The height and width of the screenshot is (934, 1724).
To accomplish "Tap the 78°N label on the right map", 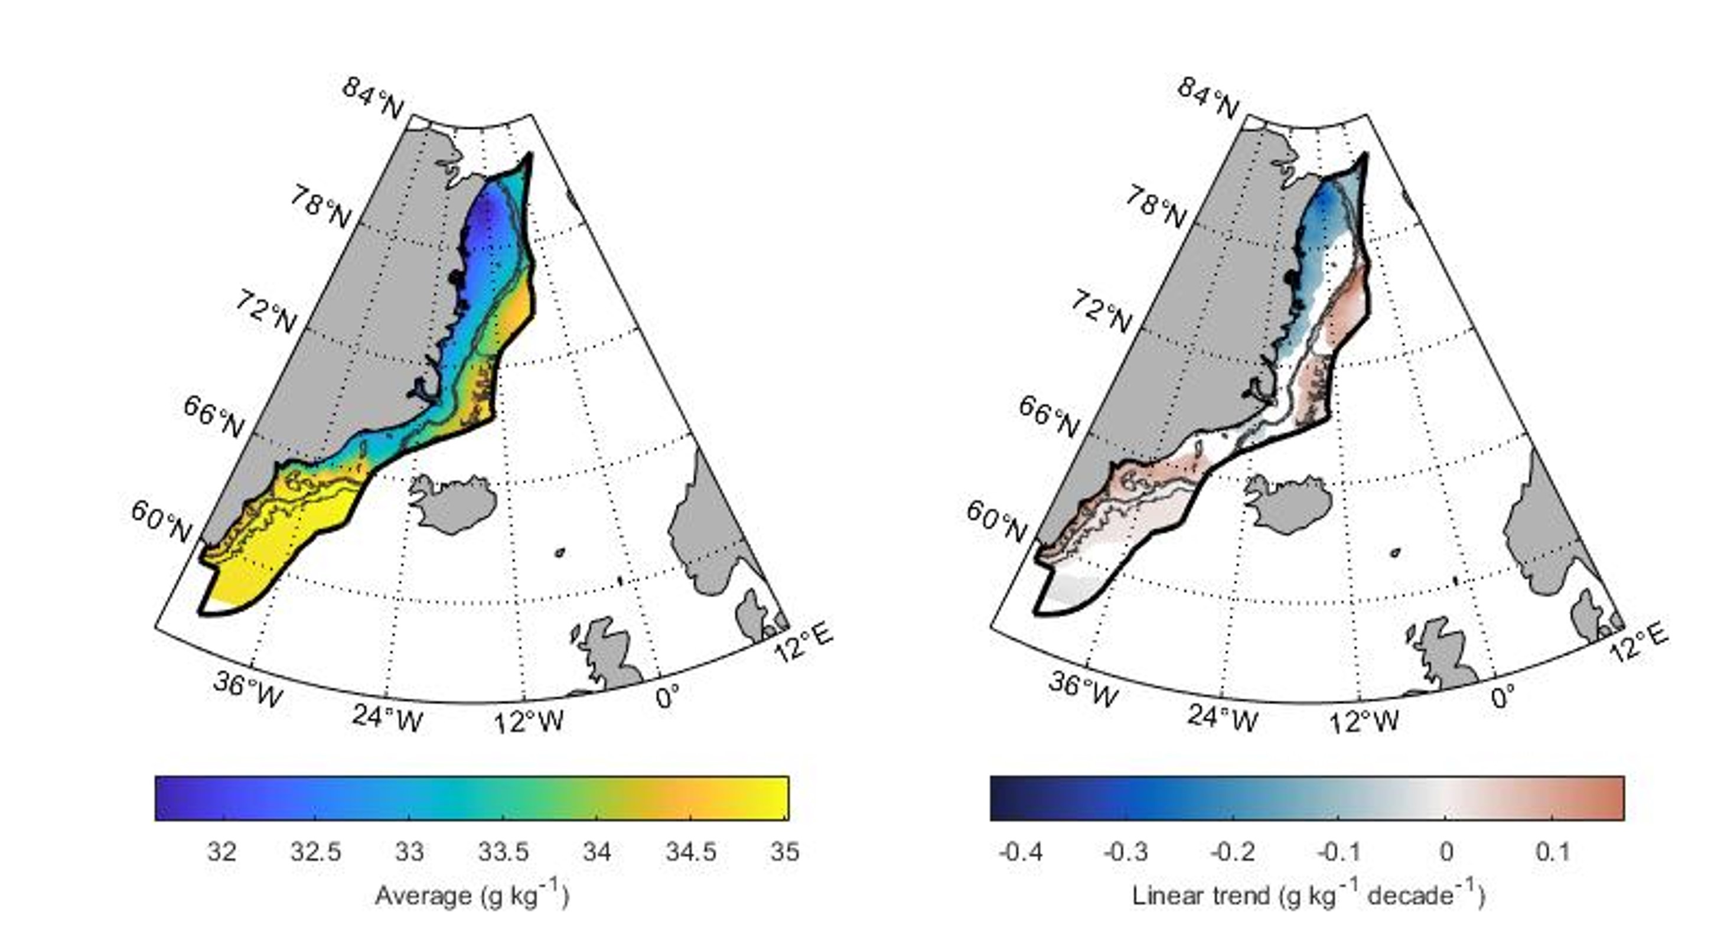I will (x=1155, y=207).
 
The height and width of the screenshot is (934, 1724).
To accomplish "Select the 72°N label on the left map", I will (x=266, y=313).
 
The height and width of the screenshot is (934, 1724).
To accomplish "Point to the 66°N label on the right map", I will (x=1049, y=416).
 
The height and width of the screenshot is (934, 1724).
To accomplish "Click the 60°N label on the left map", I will (x=161, y=521).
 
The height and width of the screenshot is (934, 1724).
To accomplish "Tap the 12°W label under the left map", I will (x=528, y=722).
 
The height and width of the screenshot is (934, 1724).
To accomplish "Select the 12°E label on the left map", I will (x=804, y=642).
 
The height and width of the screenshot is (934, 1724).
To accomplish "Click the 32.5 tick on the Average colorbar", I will (x=316, y=852).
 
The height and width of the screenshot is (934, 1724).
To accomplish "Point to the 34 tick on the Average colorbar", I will (x=597, y=852).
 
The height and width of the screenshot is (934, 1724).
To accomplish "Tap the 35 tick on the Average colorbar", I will (x=785, y=852).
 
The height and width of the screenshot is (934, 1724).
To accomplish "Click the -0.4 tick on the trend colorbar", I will (x=1020, y=852).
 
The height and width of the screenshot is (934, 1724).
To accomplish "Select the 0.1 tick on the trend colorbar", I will (x=1553, y=852).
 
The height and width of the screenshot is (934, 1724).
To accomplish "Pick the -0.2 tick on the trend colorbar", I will (x=1233, y=852).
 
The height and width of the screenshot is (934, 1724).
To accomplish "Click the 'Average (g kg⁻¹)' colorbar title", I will (x=472, y=896).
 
